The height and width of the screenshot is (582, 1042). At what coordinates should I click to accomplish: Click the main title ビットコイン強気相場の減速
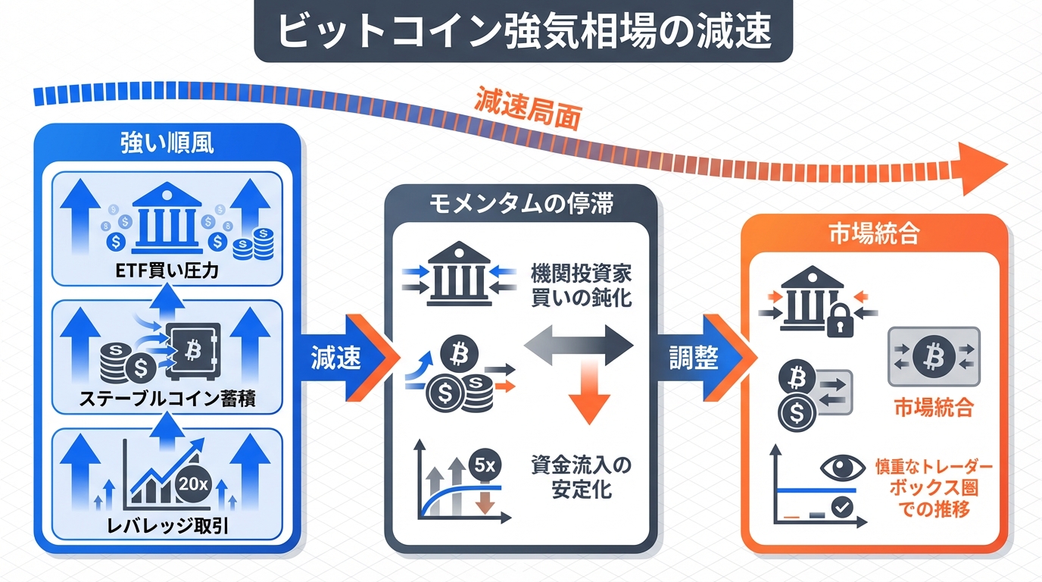point(523,32)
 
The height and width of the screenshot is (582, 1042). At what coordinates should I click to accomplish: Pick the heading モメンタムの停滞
point(520,205)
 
